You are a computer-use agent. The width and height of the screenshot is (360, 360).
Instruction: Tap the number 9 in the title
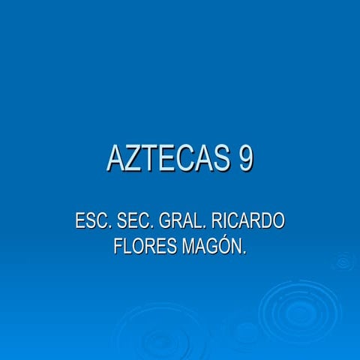(245, 158)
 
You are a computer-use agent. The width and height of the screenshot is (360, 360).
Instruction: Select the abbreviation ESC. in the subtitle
(93, 222)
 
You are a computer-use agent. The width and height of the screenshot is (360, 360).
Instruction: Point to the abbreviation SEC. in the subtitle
(133, 222)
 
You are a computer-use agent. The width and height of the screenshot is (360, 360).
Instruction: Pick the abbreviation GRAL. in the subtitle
(178, 222)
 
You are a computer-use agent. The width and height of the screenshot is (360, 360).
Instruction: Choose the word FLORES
(144, 246)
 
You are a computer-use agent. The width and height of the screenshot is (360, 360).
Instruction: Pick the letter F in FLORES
(118, 246)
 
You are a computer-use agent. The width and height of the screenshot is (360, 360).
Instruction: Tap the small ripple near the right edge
(343, 261)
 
